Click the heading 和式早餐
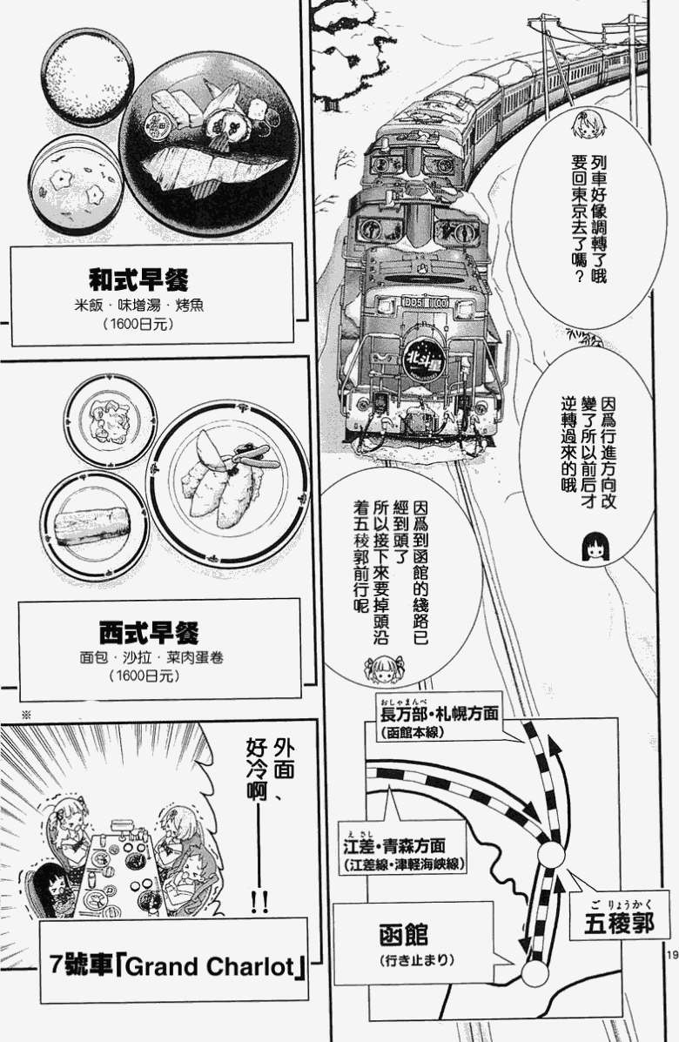tap(139, 279)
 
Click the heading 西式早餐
tap(149, 632)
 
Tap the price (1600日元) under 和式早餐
tap(138, 325)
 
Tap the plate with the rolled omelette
tap(94, 525)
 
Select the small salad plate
tap(110, 421)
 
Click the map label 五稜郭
tap(619, 923)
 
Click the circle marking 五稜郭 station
tap(551, 855)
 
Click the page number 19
tap(670, 955)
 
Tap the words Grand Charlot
tap(209, 966)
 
